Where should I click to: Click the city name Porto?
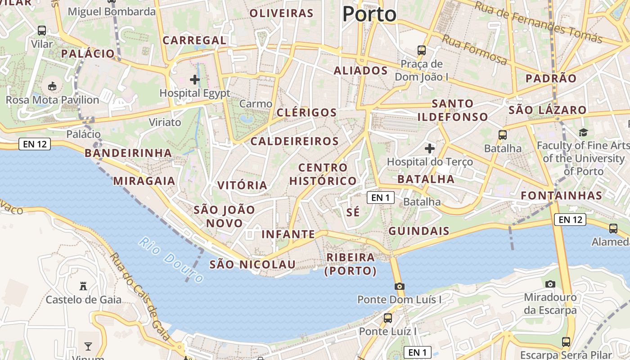point(369,14)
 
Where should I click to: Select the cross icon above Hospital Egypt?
point(195,80)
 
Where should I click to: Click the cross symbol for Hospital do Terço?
point(430,148)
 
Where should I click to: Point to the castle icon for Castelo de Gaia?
point(83,286)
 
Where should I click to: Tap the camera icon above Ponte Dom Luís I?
point(399,287)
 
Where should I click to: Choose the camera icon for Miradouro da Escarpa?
point(550,284)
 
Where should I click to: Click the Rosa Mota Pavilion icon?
point(52,86)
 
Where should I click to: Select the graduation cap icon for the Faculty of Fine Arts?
point(583,132)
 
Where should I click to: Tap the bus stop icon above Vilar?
point(42,31)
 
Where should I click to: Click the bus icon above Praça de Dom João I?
point(422,50)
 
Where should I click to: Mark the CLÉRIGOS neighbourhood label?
point(306,112)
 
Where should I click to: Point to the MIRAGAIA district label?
point(144,181)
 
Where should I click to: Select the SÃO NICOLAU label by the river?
point(252,264)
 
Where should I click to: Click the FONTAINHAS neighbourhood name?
point(561,195)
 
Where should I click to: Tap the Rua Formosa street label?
point(474,49)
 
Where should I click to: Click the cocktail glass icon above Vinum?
point(88,346)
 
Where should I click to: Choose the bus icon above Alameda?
point(613,229)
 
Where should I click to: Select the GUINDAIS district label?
point(418,231)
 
